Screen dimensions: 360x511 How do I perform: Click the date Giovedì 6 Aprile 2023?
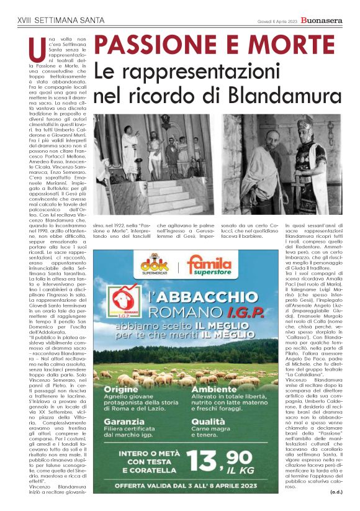(x=277, y=20)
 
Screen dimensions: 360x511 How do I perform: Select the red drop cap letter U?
(x=35, y=47)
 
